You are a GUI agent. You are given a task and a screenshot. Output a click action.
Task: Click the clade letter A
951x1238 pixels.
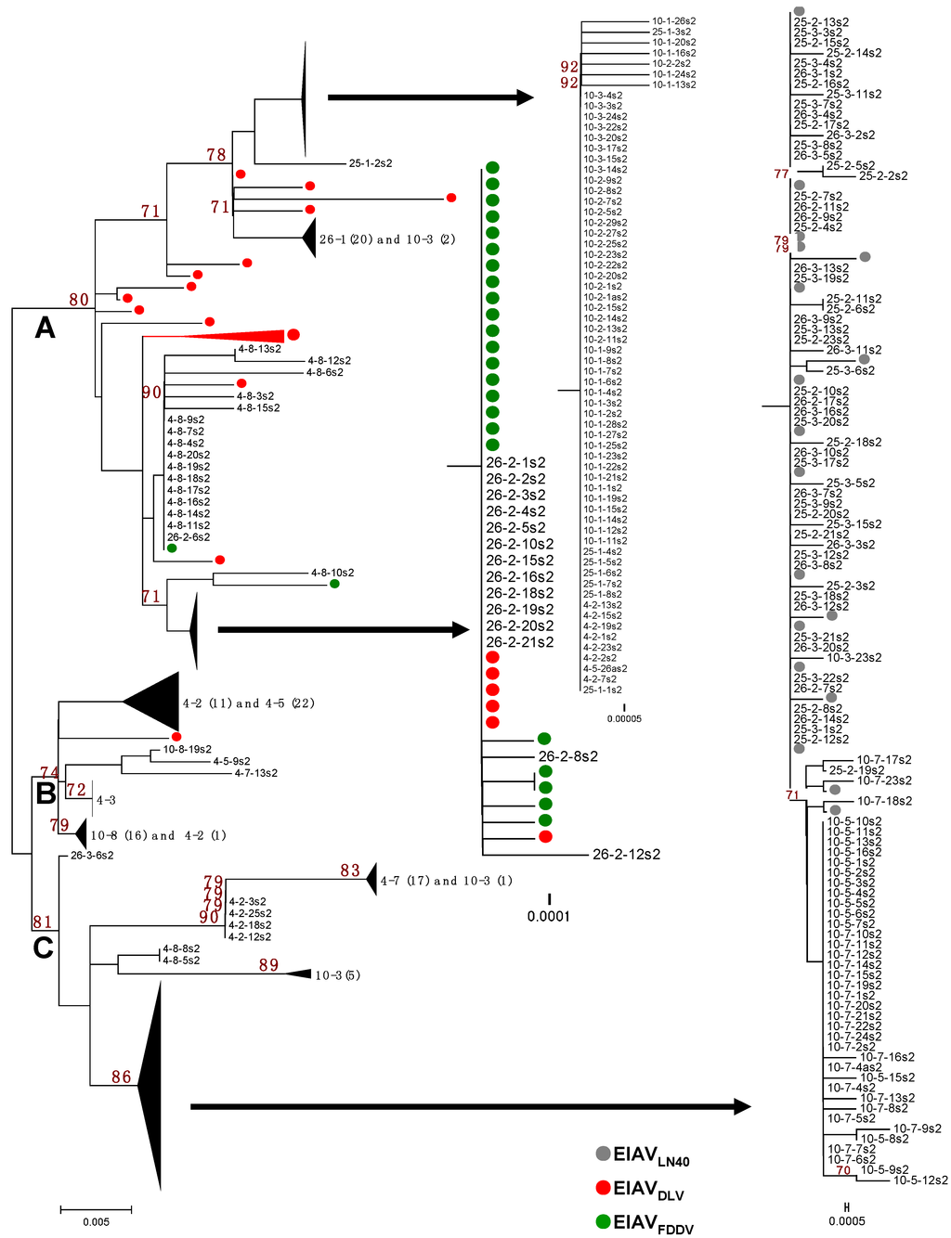45,327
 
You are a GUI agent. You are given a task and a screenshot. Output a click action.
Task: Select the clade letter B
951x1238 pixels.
46,793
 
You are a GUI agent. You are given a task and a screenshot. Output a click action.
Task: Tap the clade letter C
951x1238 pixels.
43,948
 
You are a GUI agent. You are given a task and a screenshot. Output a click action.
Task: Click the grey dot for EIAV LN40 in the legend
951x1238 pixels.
604,1154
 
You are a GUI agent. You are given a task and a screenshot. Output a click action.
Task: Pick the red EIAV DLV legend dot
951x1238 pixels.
604,1187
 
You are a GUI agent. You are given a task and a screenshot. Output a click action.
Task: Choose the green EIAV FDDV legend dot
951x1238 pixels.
604,1221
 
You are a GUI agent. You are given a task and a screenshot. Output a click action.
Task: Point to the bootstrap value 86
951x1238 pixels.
122,1077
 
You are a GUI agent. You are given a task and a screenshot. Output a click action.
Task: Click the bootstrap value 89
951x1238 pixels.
268,965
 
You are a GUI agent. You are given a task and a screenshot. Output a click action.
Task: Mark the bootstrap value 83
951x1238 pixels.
350,870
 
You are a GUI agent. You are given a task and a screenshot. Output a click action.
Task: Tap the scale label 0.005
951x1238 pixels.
96,1222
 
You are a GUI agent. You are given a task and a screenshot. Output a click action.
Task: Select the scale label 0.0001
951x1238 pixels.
549,917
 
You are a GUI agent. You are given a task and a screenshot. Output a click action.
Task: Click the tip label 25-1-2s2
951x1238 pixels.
371,163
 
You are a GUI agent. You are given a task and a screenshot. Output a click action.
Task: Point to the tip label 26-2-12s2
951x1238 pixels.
626,855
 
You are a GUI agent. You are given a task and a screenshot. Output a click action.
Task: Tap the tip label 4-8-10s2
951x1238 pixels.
332,573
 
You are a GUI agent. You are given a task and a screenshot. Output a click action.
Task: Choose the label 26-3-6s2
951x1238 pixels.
92,856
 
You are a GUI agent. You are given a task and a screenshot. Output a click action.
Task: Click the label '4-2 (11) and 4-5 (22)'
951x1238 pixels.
248,703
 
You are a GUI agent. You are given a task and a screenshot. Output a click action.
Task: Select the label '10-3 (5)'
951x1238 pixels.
337,975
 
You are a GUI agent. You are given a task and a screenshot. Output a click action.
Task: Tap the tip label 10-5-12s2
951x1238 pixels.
920,1180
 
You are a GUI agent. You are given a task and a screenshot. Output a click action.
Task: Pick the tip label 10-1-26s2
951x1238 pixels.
673,21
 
